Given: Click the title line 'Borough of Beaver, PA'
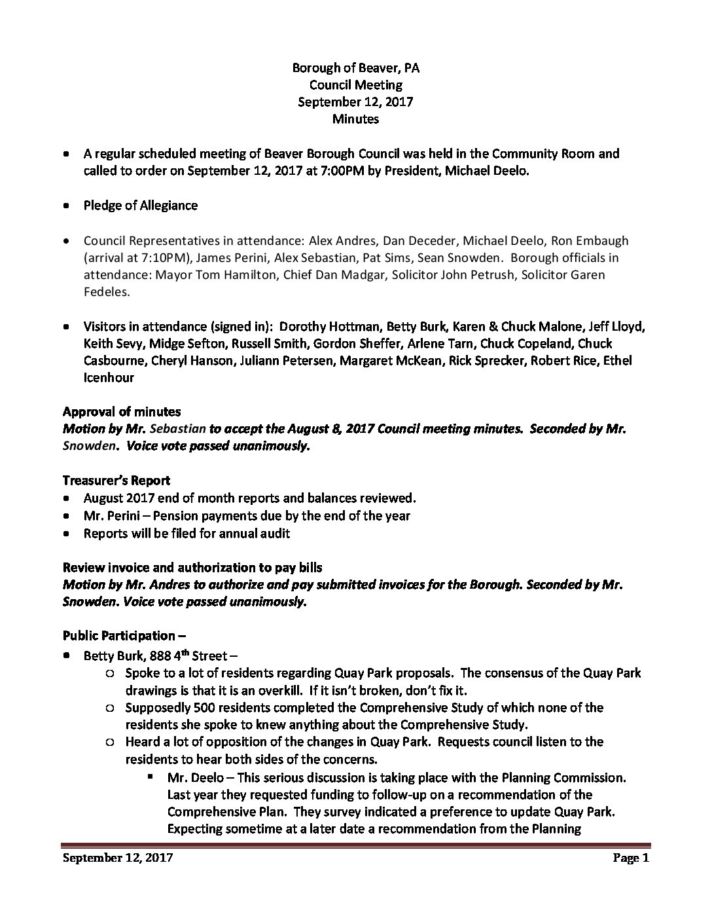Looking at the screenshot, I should click(355, 67).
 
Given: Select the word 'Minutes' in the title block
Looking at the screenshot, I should click(355, 119).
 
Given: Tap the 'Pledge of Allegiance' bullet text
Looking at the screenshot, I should click(140, 205).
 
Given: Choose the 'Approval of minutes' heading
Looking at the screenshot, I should click(122, 412).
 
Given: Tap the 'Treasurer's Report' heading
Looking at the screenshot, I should click(116, 481).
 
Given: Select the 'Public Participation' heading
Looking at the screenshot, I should click(119, 635).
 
